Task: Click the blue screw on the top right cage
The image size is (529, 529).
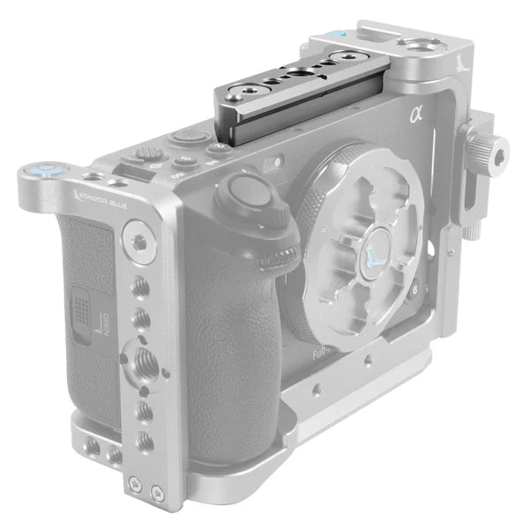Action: tap(334, 35)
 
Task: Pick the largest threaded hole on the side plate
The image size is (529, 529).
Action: tap(142, 357)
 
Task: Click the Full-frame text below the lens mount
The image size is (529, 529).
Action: tap(324, 354)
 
